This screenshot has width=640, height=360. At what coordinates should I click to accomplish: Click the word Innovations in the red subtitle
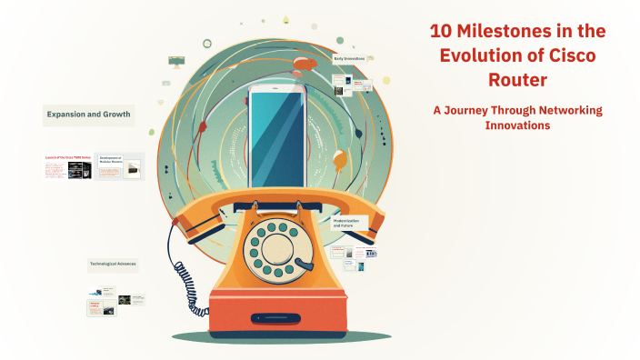(x=517, y=125)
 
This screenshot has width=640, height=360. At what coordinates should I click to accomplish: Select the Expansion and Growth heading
(x=88, y=115)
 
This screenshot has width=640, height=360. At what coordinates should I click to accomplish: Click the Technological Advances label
(x=113, y=265)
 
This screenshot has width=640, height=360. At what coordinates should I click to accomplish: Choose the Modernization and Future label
(x=347, y=222)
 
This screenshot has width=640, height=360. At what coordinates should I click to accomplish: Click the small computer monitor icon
(x=176, y=63)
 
